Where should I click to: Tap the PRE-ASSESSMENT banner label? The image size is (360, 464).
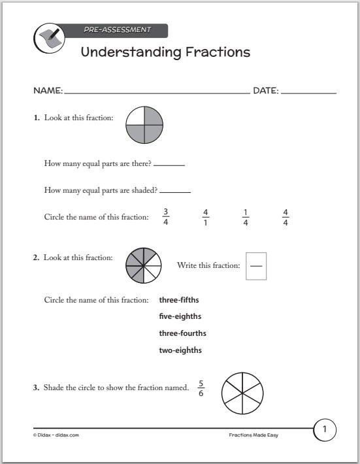click(117, 29)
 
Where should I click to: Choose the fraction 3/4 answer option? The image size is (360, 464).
click(165, 217)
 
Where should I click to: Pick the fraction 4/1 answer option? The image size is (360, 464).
click(205, 217)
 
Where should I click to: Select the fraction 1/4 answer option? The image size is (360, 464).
click(245, 217)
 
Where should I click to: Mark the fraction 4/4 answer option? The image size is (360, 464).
click(285, 217)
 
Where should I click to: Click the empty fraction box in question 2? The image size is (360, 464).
click(256, 266)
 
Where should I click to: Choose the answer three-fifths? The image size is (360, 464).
click(179, 300)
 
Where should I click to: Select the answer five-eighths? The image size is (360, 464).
click(180, 316)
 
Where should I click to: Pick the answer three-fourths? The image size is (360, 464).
click(182, 333)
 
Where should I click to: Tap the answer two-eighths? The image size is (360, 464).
click(180, 350)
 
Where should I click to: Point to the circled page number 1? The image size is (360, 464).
click(325, 429)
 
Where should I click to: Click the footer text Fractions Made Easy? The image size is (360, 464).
click(253, 435)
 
